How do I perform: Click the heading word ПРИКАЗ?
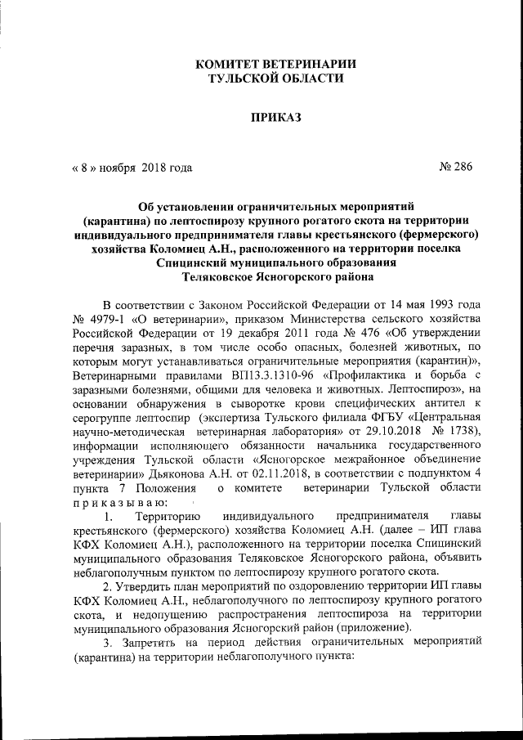pos(275,118)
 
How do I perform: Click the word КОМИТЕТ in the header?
pos(236,64)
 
